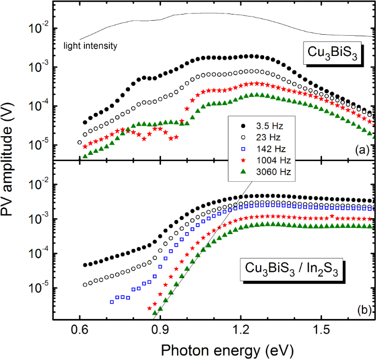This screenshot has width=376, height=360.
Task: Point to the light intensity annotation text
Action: pos(90,46)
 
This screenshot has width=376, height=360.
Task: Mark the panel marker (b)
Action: pos(358,310)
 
